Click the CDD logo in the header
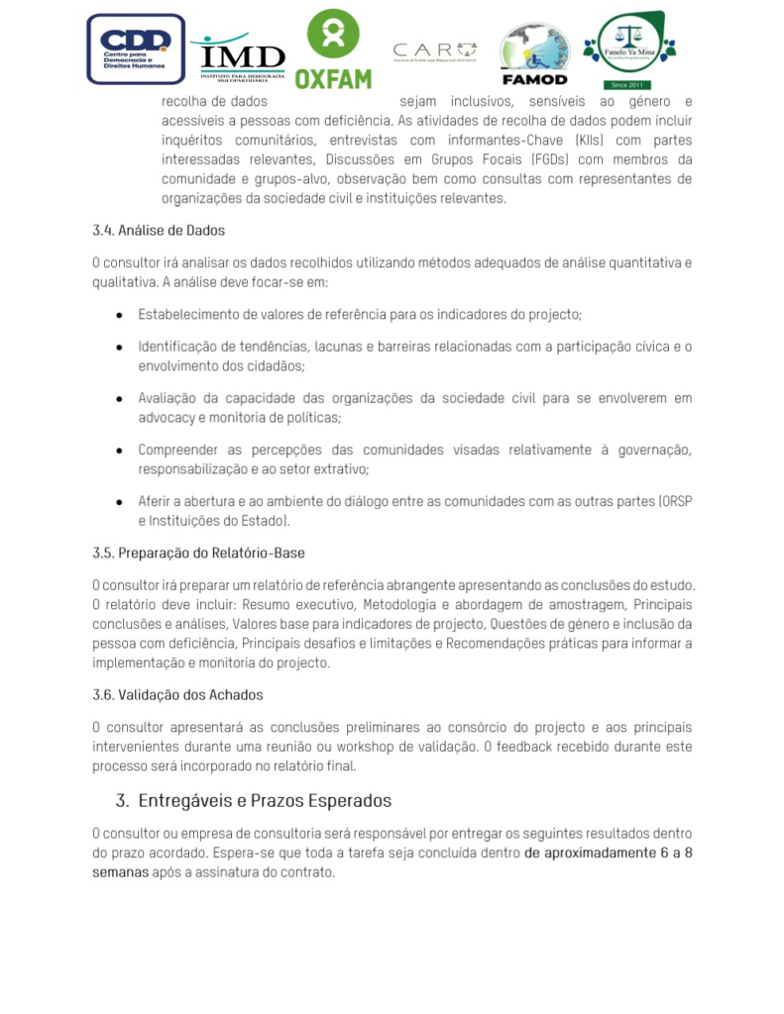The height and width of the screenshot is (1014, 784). pos(136,49)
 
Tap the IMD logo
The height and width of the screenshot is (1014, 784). pos(241,54)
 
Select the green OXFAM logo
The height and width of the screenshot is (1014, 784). pos(333,50)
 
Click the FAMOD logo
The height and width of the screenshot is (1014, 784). pos(534,54)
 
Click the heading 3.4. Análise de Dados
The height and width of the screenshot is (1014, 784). pos(159,231)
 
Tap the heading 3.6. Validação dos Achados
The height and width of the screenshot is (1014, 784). pos(177,694)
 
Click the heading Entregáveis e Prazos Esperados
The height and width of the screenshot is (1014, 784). pos(265,800)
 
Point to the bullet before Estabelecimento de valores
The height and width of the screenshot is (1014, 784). pos(119,315)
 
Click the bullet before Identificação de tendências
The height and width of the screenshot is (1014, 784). pos(119,348)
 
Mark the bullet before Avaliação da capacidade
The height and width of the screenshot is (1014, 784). pos(119,399)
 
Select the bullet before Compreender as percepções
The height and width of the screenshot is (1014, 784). pos(119,451)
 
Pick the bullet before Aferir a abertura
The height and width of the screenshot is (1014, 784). pos(119,502)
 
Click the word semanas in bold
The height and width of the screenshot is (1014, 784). pos(121,873)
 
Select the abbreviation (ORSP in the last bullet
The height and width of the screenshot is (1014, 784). pos(674,502)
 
